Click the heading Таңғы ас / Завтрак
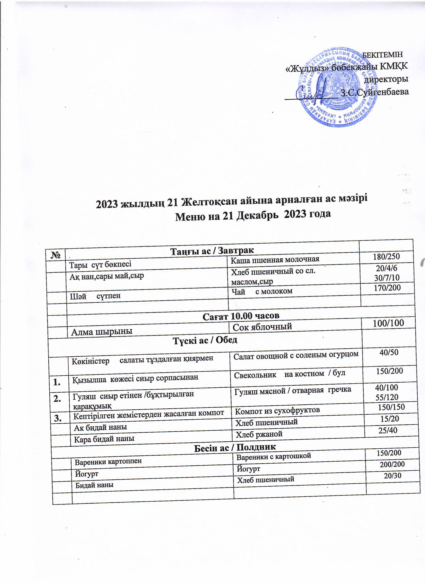[212, 251]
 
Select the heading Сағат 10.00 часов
[241, 316]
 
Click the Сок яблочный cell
[262, 327]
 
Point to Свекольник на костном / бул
[289, 374]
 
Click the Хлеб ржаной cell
[259, 434]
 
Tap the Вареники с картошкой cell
[274, 457]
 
